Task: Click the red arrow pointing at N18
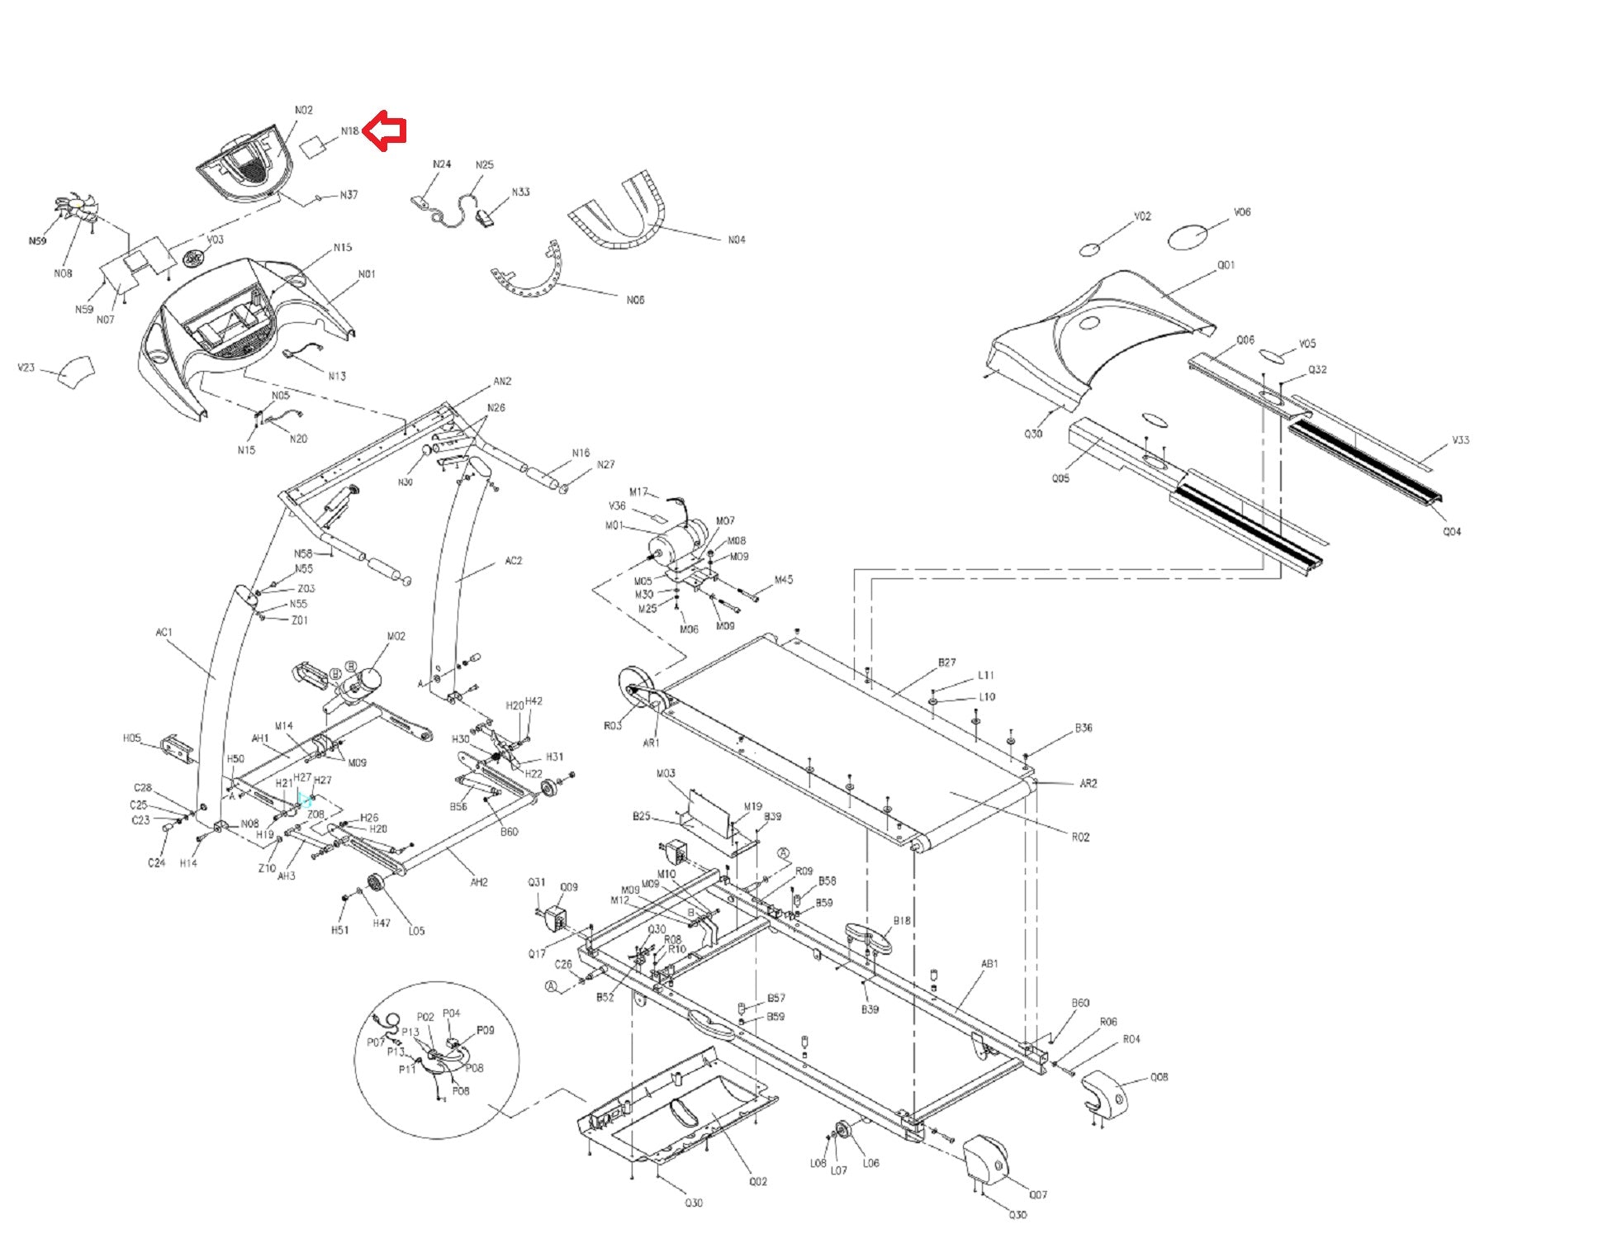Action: click(x=386, y=131)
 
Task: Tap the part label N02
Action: click(x=304, y=110)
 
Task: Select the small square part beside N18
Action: click(x=314, y=147)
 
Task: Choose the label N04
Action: click(x=736, y=240)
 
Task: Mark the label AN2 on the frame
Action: click(x=502, y=381)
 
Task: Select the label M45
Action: click(x=783, y=580)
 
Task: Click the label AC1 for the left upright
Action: click(x=164, y=633)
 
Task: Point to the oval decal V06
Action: click(x=1189, y=237)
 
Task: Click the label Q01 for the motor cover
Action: click(x=1226, y=265)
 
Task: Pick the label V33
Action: click(x=1460, y=440)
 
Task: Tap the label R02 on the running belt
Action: click(x=1080, y=837)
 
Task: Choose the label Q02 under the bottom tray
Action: click(x=758, y=1181)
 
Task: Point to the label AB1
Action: click(x=989, y=963)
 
